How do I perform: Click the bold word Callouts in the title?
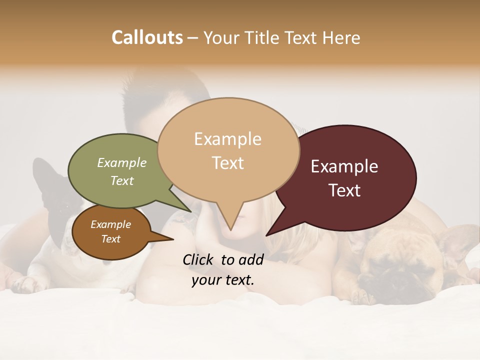[x=147, y=37]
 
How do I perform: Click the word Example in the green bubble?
[x=121, y=162]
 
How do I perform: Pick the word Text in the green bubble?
[x=121, y=180]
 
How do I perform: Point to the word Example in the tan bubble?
[x=227, y=139]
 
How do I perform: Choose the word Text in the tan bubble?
[x=227, y=163]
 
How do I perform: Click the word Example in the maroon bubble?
[x=344, y=166]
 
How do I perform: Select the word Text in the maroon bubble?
[x=344, y=190]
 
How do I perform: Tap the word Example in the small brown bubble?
[x=110, y=224]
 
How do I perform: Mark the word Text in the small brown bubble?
[x=110, y=239]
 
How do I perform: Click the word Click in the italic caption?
[x=198, y=259]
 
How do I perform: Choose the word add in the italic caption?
[x=251, y=259]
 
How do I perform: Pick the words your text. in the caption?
[x=222, y=280]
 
